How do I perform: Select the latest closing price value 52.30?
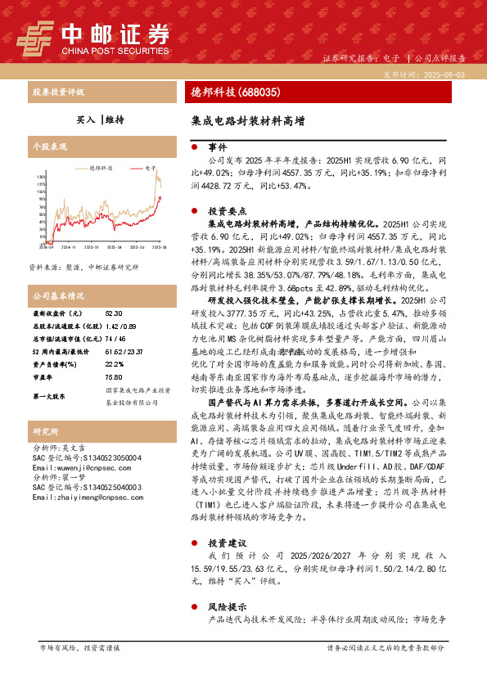[x=113, y=313]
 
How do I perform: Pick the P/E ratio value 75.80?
[x=113, y=378]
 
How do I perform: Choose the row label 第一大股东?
[x=50, y=396]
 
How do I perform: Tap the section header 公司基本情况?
[x=57, y=295]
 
